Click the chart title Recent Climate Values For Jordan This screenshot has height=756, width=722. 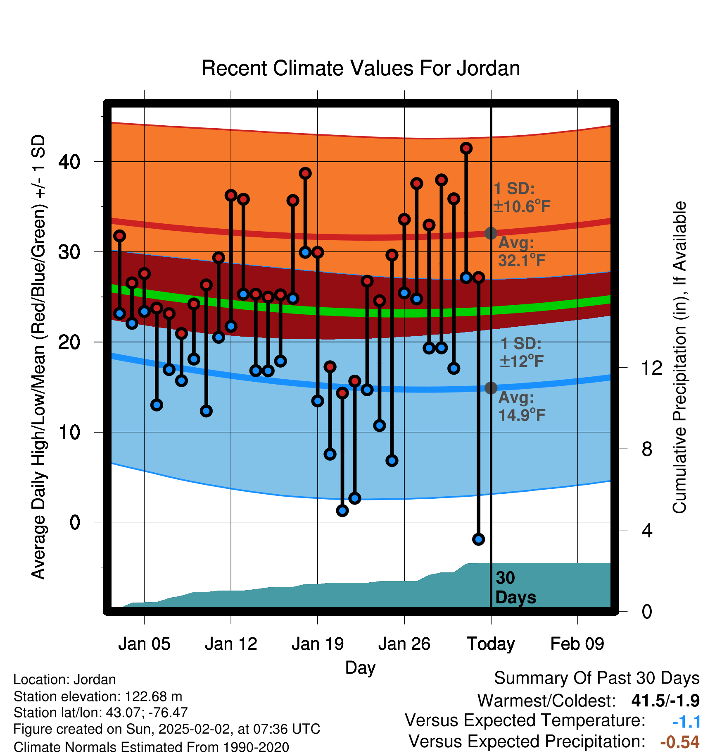pos(361,68)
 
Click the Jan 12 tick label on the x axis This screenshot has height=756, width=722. pos(231,644)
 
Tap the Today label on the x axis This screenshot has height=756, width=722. pos(491,644)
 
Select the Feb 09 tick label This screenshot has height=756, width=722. pos(577,644)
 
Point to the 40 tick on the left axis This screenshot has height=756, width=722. pos(69,162)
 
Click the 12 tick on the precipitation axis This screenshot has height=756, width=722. pos(652,368)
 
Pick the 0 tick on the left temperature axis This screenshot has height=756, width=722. pos(75,522)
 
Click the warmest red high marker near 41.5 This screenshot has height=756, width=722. pos(466,148)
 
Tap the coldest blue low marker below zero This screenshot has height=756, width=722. pos(478,539)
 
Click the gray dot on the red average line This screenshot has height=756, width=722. pos(491,233)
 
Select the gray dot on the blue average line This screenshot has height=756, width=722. pos(491,388)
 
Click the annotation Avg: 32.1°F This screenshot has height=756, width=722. pos(522,251)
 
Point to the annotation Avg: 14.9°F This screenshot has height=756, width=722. pos(522,406)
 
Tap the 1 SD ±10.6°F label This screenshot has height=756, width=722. pos(522,197)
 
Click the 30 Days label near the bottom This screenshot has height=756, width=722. pos(515,588)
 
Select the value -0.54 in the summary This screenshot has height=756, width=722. pos(680,742)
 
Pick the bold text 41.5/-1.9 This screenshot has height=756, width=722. pos(665,701)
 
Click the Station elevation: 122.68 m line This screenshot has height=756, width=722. pos(98,696)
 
